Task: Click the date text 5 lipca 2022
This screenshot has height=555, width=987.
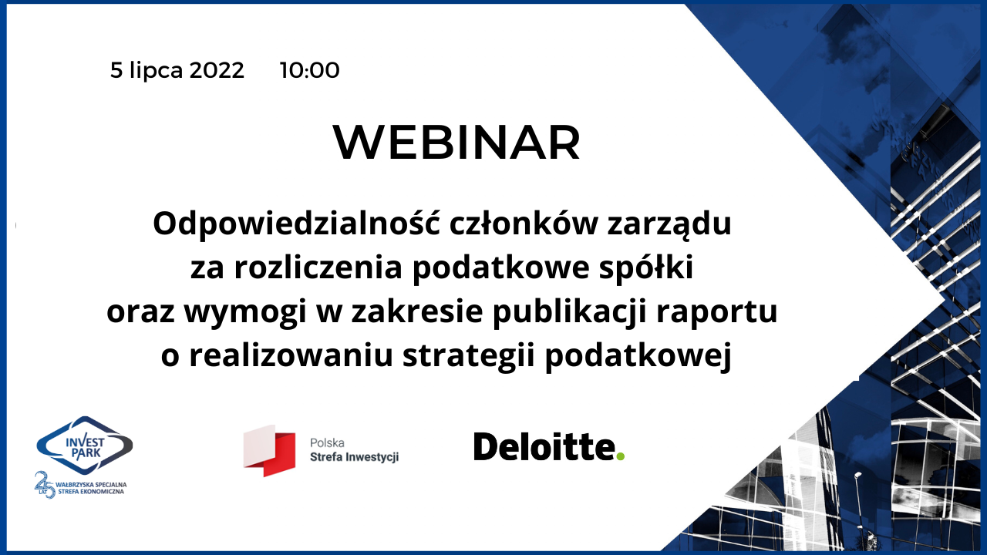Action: coord(177,71)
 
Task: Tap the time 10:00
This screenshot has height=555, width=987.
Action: coord(310,70)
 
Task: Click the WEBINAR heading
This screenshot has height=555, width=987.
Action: coord(456,143)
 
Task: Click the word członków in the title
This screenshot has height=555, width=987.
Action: coord(524,224)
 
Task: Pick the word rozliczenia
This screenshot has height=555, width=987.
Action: coord(318,267)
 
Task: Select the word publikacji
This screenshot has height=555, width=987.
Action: coord(569,313)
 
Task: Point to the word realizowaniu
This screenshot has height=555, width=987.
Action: coord(291,355)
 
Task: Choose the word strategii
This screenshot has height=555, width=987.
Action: coord(468,357)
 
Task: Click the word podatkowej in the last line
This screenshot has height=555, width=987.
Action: coord(638,357)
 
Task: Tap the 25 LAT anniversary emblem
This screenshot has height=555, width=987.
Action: coord(45,485)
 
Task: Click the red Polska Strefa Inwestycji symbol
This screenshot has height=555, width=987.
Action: coord(269,451)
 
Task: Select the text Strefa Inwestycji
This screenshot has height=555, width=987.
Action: coord(354,457)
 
